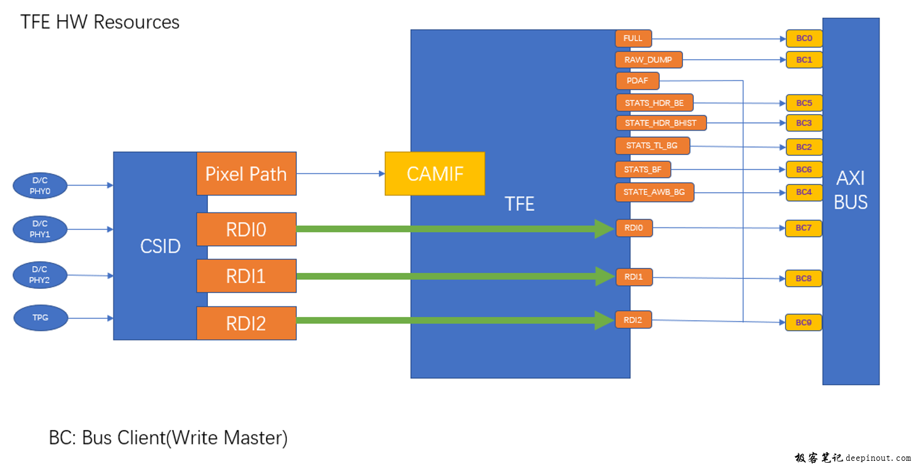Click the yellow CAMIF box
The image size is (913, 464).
(x=435, y=173)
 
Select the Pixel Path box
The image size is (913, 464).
(x=246, y=173)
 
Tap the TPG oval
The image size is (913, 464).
(x=40, y=318)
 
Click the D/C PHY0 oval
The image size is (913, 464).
(x=40, y=186)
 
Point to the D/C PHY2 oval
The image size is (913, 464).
(x=40, y=275)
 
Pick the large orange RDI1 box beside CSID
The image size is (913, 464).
(x=246, y=275)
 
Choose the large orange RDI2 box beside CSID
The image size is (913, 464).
(x=246, y=323)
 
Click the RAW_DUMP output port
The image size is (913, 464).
(x=648, y=60)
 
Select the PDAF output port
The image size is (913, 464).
(x=638, y=81)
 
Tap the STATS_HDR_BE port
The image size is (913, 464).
(x=654, y=103)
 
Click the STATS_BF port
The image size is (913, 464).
(x=643, y=170)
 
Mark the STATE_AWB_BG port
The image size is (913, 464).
(x=654, y=192)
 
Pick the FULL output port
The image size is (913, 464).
(x=633, y=38)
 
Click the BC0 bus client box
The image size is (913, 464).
(x=804, y=38)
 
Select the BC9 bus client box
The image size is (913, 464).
(x=803, y=323)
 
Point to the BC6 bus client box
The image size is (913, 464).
(x=804, y=170)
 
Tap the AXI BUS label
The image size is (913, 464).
(x=851, y=190)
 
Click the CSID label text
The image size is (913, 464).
(x=161, y=246)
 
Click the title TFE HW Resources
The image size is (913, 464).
(x=100, y=22)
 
